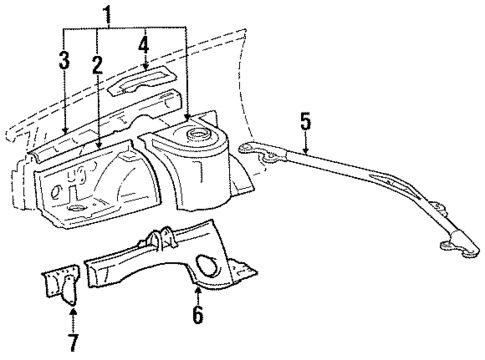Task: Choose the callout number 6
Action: [x=197, y=316]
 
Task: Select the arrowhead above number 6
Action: [x=197, y=292]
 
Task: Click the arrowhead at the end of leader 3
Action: [x=63, y=133]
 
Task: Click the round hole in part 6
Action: [x=210, y=264]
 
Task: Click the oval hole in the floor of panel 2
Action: [x=76, y=207]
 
